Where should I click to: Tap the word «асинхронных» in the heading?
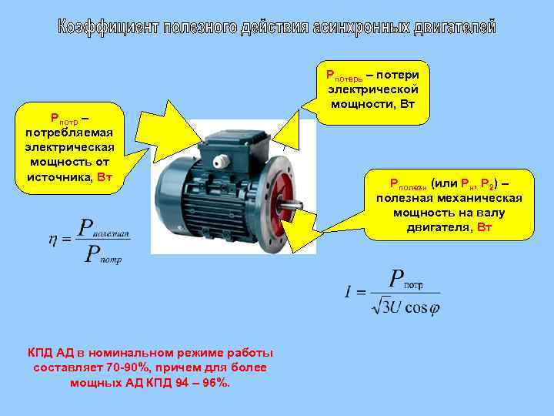coord(359,28)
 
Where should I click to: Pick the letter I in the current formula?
coord(349,292)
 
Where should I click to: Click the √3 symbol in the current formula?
coord(380,307)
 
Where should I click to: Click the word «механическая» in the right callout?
coord(480,198)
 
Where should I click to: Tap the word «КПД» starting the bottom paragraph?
coord(42,353)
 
